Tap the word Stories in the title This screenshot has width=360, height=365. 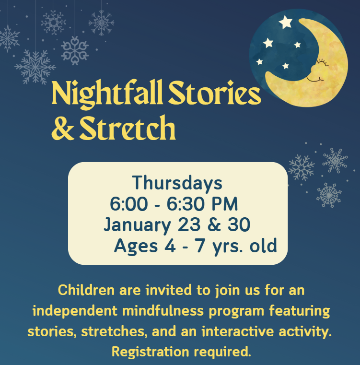pyautogui.click(x=215, y=93)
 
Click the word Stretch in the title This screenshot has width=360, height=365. pyautogui.click(x=128, y=128)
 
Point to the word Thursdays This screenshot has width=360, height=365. pyautogui.click(x=177, y=183)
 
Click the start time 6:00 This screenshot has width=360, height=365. pyautogui.click(x=128, y=204)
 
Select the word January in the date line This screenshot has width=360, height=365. pyautogui.click(x=137, y=225)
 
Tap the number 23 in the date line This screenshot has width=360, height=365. pyautogui.click(x=189, y=224)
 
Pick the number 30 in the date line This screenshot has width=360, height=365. pyautogui.click(x=239, y=224)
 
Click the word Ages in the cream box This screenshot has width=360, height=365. pyautogui.click(x=136, y=246)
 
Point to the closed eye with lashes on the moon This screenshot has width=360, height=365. pyautogui.click(x=322, y=62)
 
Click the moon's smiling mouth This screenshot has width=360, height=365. pyautogui.click(x=314, y=79)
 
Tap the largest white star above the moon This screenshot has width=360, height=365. pyautogui.click(x=286, y=22)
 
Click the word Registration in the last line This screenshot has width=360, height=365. pyautogui.click(x=150, y=352)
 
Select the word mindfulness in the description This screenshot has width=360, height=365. pyautogui.click(x=163, y=311)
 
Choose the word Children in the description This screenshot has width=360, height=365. pyautogui.click(x=86, y=290)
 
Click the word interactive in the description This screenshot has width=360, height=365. pyautogui.click(x=238, y=331)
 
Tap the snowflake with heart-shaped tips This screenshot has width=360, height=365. pyautogui.click(x=75, y=50)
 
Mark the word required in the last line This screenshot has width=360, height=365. pyautogui.click(x=223, y=352)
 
